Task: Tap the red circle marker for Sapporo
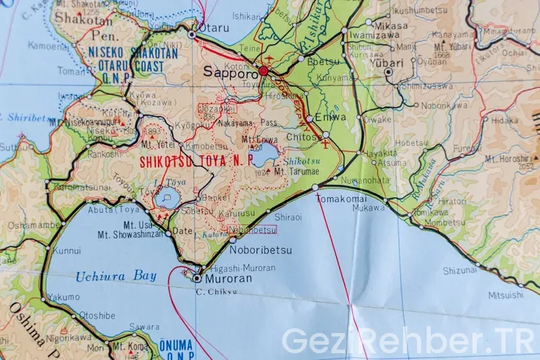(263, 71)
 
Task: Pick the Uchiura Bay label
(116, 276)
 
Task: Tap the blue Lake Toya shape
(166, 199)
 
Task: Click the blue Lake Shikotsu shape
(264, 153)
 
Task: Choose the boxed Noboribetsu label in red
(252, 230)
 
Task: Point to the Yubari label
(387, 63)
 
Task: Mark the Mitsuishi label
(506, 294)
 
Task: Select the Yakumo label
(64, 297)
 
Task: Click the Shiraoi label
(288, 217)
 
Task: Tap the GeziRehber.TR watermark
(407, 341)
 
